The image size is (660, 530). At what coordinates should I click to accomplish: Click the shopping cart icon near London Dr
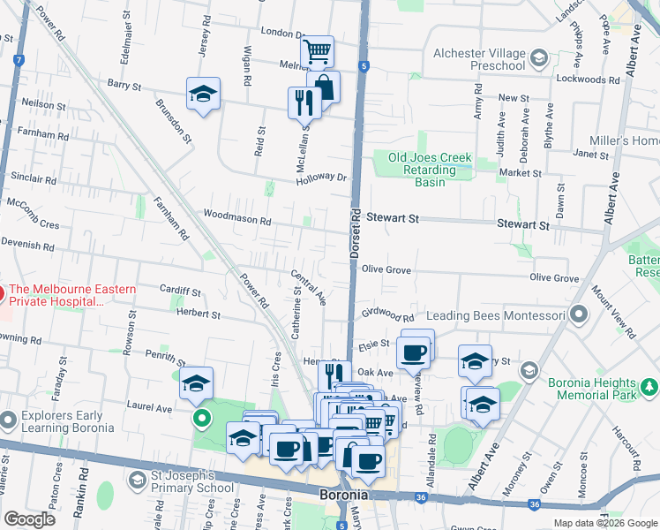(x=317, y=51)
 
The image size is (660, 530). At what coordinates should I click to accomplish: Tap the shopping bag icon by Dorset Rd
(x=324, y=87)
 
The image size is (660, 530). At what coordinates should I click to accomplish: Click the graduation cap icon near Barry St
(x=203, y=94)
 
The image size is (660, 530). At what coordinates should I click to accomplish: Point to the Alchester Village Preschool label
(x=479, y=59)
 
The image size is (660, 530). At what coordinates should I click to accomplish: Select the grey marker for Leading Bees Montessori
(x=579, y=314)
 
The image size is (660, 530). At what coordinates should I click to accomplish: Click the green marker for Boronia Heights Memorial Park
(x=649, y=387)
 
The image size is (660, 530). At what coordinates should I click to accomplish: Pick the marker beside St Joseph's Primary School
(x=137, y=480)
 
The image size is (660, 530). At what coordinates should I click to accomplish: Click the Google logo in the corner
(x=29, y=519)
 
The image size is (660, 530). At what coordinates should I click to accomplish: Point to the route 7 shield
(x=19, y=59)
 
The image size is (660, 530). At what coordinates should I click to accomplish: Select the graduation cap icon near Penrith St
(x=196, y=382)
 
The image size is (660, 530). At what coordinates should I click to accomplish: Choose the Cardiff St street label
(x=180, y=291)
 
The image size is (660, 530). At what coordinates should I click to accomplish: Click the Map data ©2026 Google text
(x=604, y=522)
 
